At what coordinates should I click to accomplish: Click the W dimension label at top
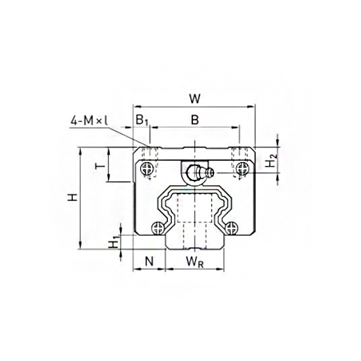click(194, 99)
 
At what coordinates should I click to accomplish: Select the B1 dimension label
click(140, 120)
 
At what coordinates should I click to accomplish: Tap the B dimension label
click(194, 120)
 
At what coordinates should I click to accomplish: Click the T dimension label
click(99, 165)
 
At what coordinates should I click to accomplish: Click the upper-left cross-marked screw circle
click(145, 170)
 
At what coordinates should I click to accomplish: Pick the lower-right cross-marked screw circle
click(230, 228)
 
